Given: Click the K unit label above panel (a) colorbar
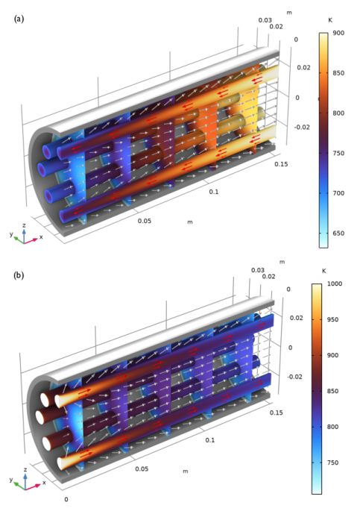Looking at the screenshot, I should point(329,20).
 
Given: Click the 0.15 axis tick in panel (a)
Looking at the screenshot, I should point(278,163).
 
